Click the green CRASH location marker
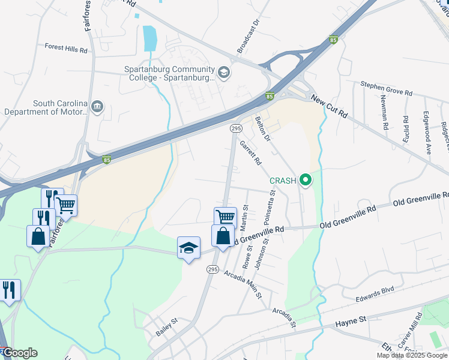[x=306, y=179]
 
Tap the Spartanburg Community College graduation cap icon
[x=224, y=73]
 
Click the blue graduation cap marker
[x=188, y=248]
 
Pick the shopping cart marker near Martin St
[x=225, y=217]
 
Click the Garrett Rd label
[x=251, y=153]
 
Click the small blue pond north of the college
[x=148, y=38]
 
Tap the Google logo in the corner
[x=19, y=353]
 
